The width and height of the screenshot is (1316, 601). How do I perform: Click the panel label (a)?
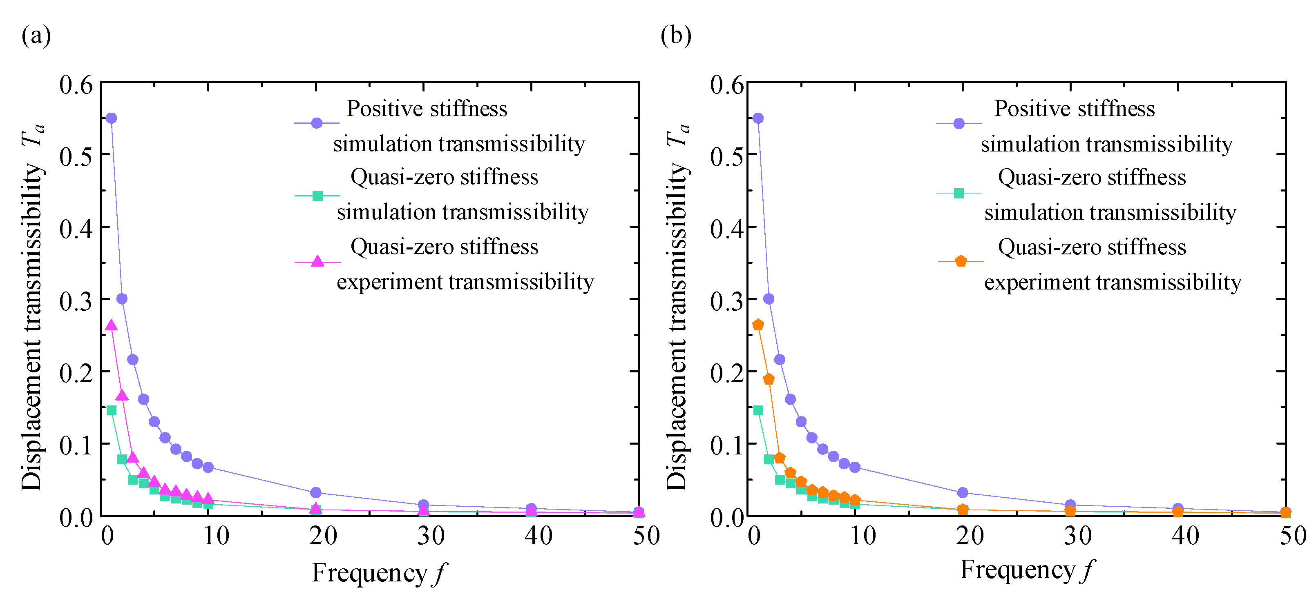point(36,36)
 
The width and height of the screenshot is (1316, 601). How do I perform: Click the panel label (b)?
point(675,36)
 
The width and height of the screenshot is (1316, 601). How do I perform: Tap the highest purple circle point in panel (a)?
point(111,118)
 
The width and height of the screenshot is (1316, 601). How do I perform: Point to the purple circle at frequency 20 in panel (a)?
point(316,492)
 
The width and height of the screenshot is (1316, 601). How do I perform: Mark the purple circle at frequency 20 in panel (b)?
point(963,492)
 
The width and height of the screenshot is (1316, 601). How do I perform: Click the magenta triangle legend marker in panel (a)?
point(317,261)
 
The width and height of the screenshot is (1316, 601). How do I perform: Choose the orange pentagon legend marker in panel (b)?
point(961,261)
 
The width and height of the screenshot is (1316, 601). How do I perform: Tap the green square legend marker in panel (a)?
point(317,196)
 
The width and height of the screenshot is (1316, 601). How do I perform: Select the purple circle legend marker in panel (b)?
point(959,124)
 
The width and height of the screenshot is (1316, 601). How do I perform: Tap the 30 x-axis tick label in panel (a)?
point(431,536)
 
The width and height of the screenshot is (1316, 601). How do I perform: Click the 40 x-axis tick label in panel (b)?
point(1185,536)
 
